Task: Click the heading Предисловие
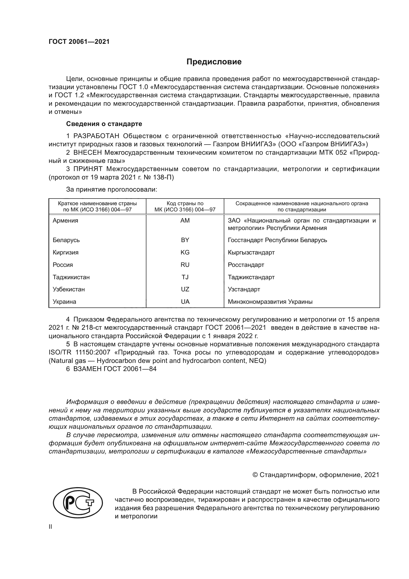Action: click(x=214, y=62)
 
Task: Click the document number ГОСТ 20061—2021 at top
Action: click(x=79, y=42)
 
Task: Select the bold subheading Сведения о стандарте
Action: click(x=104, y=124)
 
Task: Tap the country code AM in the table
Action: click(x=185, y=221)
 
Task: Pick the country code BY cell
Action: click(x=185, y=240)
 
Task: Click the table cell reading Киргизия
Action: click(x=66, y=252)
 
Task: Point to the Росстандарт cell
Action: click(x=246, y=265)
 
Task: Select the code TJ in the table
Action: click(x=185, y=277)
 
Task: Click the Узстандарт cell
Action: click(x=244, y=289)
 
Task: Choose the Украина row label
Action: click(x=64, y=302)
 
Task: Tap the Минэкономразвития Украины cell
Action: click(x=270, y=302)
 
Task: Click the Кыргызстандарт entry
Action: click(x=251, y=252)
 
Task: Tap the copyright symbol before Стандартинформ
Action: click(x=255, y=475)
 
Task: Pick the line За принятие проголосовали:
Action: click(x=112, y=189)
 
